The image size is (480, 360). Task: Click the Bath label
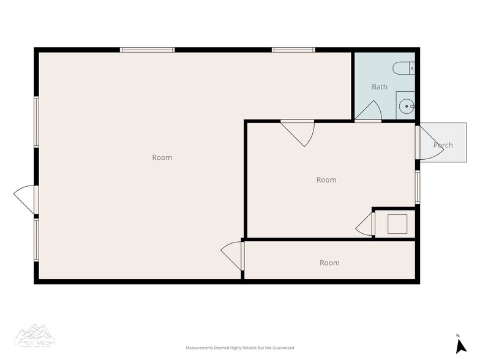click(x=380, y=87)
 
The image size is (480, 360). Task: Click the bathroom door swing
click(x=370, y=111)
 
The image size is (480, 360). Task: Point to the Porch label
click(x=443, y=145)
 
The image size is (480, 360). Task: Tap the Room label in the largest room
click(x=162, y=157)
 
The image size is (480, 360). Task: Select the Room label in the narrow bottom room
click(x=329, y=263)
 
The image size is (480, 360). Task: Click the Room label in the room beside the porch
click(x=326, y=180)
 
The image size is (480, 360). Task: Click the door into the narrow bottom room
click(x=233, y=255)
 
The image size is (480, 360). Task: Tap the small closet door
click(x=366, y=224)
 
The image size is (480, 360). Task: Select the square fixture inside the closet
click(x=397, y=224)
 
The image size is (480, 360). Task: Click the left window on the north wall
click(x=148, y=50)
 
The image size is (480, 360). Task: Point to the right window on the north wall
click(x=293, y=50)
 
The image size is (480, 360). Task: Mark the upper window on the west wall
click(x=37, y=122)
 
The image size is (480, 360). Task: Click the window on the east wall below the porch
click(x=418, y=187)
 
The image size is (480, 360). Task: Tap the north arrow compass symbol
click(x=461, y=344)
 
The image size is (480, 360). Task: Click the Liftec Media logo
click(x=35, y=334)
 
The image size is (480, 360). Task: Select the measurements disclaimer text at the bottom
click(x=240, y=348)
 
